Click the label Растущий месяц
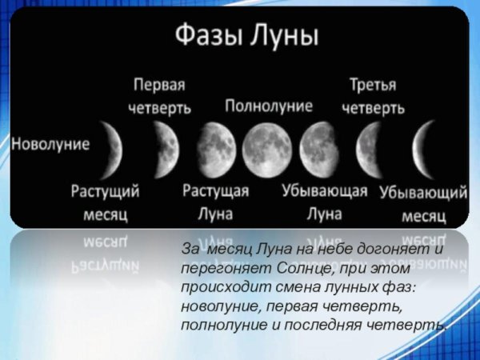(x=106, y=202)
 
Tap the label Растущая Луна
(x=216, y=202)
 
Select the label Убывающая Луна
(x=324, y=202)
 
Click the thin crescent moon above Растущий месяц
(x=112, y=145)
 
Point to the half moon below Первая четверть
(x=166, y=144)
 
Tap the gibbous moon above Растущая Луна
(x=214, y=144)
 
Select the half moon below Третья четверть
(x=368, y=144)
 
